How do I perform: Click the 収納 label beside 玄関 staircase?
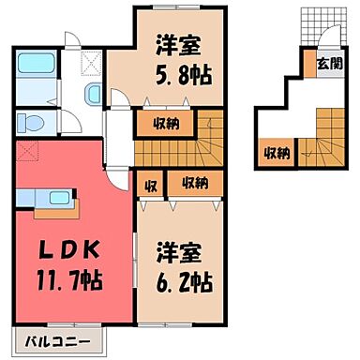coord(275,151)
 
